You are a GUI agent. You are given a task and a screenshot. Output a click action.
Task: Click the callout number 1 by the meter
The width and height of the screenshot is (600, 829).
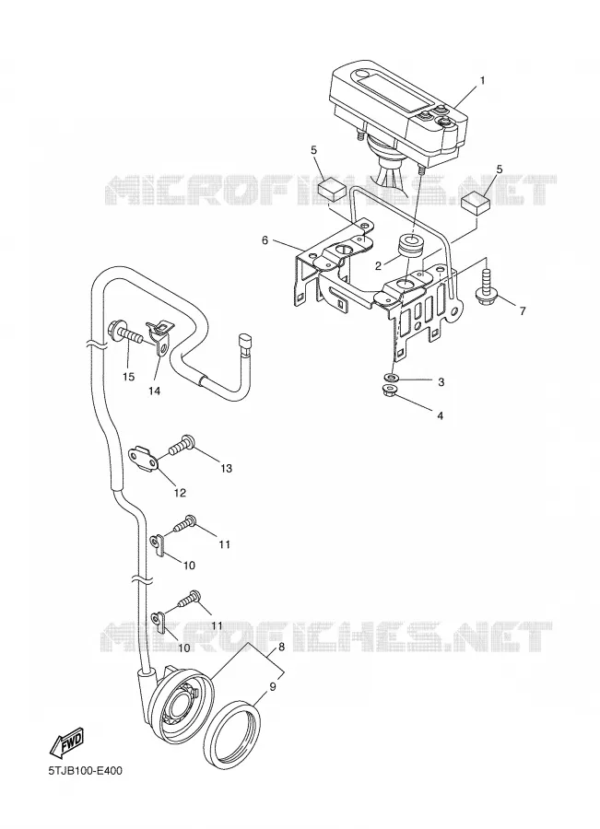click(x=482, y=80)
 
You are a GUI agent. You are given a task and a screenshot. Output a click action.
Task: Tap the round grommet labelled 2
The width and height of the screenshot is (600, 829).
click(x=410, y=245)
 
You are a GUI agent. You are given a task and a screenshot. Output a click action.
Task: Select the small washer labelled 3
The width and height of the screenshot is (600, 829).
click(x=392, y=378)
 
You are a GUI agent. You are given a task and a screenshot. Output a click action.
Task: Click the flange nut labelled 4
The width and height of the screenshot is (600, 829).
click(x=391, y=391)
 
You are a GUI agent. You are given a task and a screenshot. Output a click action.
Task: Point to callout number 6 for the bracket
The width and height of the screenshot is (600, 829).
click(x=265, y=240)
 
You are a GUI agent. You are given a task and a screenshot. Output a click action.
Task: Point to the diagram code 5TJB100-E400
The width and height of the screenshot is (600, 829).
click(x=85, y=771)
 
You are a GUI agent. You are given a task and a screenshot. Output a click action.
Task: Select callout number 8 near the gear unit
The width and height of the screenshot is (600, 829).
click(x=281, y=647)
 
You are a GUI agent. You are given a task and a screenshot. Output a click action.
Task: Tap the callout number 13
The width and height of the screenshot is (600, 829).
click(x=226, y=469)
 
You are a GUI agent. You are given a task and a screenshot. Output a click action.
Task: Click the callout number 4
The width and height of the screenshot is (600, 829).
click(x=440, y=415)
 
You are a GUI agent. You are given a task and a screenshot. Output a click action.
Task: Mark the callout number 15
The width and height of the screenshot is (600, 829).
click(x=129, y=377)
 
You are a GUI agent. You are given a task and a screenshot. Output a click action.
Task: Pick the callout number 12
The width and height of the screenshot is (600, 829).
click(x=180, y=493)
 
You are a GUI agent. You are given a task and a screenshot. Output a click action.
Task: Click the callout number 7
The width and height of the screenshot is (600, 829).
click(x=523, y=311)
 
